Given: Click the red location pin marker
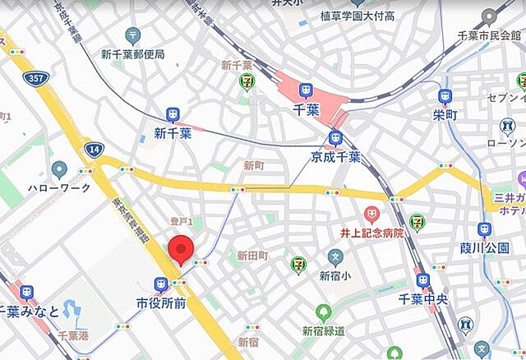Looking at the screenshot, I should (x=180, y=249).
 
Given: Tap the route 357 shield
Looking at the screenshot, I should (x=35, y=79).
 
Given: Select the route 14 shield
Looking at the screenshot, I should (x=93, y=149).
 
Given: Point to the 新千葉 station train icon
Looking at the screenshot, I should (x=173, y=115).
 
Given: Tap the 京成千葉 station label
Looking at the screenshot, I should (x=335, y=156).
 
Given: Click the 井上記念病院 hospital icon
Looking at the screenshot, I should (x=371, y=216).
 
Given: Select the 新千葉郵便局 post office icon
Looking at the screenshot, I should (x=133, y=35).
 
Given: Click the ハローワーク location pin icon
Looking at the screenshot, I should (x=58, y=170).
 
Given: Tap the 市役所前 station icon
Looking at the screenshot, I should (x=160, y=284).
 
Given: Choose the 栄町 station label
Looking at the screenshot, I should (x=445, y=115).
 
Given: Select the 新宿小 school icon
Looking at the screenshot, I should (x=335, y=258).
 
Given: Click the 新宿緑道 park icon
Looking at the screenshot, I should (x=324, y=312).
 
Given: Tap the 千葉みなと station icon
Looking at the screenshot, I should (x=27, y=292).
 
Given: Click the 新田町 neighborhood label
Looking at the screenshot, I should (x=252, y=256).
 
